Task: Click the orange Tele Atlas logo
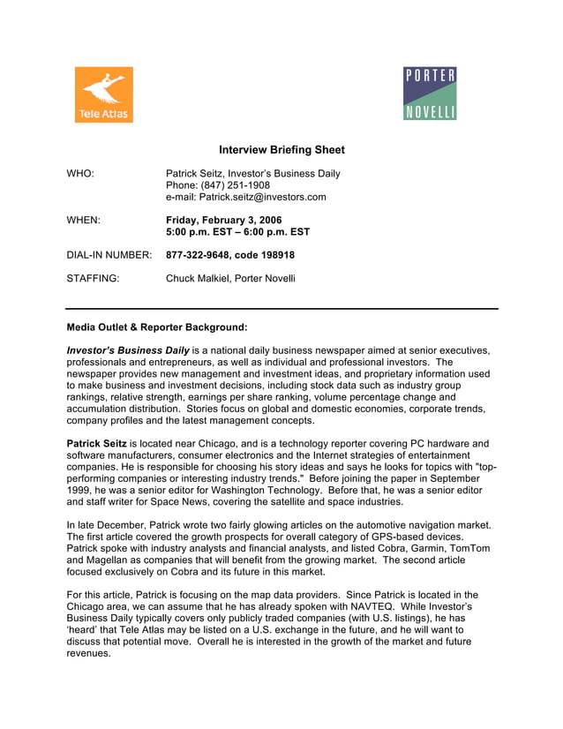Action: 103,94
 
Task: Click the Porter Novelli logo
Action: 430,94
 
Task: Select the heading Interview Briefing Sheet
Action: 281,150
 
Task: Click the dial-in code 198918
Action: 275,255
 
